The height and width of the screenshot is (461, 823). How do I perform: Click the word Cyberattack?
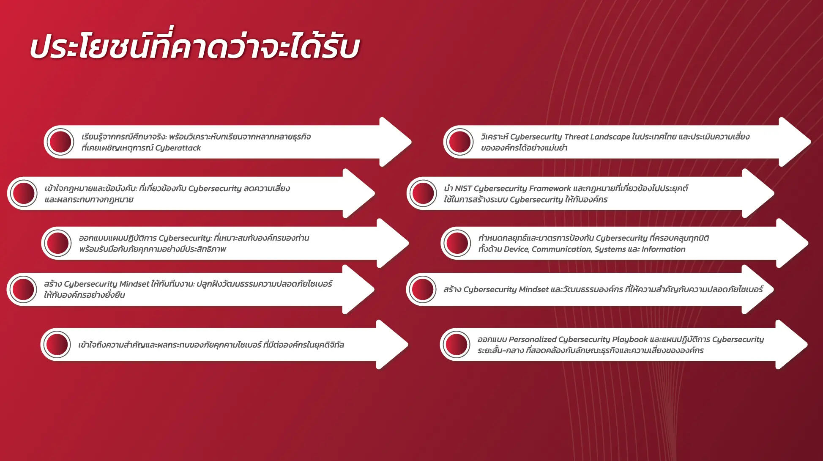tap(178, 148)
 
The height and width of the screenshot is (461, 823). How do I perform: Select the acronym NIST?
tap(463, 189)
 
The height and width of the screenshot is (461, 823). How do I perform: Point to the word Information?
tap(663, 250)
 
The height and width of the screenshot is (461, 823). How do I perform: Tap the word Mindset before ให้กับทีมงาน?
tap(134, 284)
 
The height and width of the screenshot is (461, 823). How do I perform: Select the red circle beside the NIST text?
tap(422, 194)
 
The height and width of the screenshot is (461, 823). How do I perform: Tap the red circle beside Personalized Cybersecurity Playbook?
tap(455, 345)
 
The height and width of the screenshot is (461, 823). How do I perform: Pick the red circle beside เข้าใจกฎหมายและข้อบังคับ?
tap(23, 194)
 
